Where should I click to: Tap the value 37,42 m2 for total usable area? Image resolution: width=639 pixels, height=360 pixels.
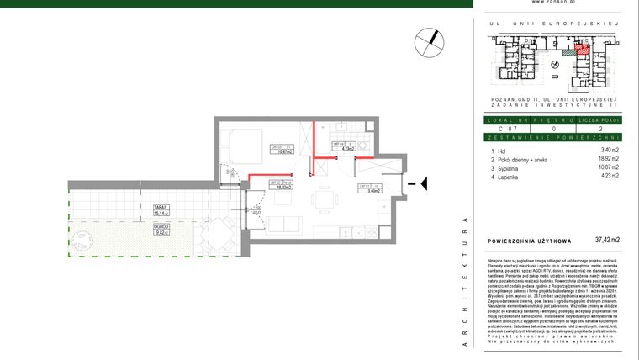click(x=606, y=241)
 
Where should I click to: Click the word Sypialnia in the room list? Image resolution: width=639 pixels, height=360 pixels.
click(x=515, y=167)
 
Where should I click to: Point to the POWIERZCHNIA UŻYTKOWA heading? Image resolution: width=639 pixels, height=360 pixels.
click(x=531, y=241)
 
